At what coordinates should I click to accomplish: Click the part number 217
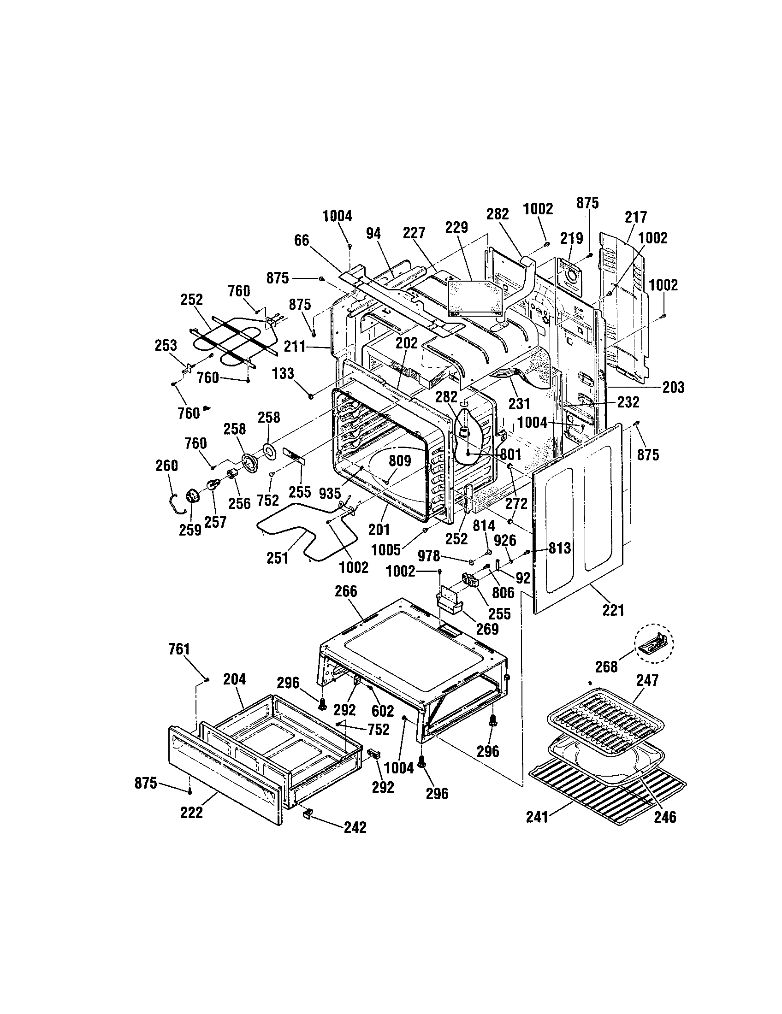pos(635,217)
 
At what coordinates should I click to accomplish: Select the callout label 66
pos(302,241)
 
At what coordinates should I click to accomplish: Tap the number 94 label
pos(373,234)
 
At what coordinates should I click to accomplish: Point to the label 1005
pos(386,550)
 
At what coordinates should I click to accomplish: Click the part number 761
pos(179,649)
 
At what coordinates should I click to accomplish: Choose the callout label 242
pos(355,827)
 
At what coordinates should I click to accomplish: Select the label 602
pos(383,711)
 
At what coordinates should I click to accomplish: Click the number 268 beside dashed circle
pos(606,667)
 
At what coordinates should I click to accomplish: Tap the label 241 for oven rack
pos(537,817)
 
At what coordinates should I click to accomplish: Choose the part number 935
pos(330,494)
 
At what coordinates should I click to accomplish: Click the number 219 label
pos(571,239)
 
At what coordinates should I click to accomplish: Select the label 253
pos(166,345)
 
